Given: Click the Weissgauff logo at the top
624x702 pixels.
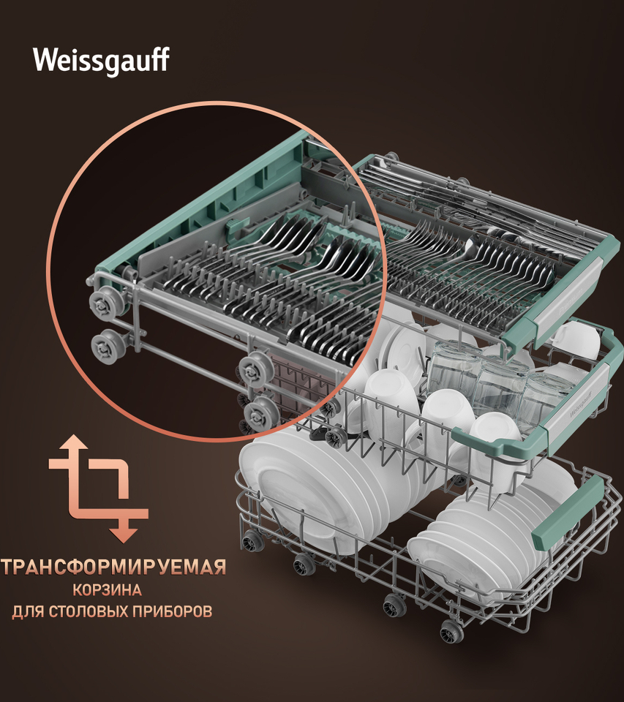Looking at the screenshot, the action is (x=101, y=60).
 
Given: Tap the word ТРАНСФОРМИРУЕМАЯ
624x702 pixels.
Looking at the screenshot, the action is (x=113, y=567).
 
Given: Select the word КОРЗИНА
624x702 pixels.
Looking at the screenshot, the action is (x=108, y=589).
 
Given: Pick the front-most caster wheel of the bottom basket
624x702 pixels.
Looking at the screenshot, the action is (x=451, y=631).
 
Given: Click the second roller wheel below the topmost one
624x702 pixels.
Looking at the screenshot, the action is (x=108, y=346).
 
